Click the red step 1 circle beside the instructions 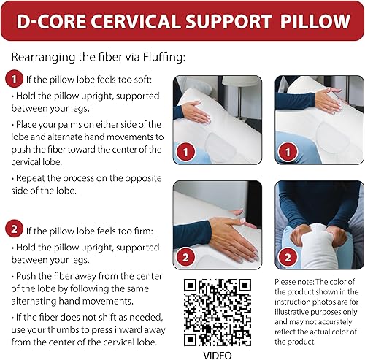coord(12,78)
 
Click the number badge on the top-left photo coord(187,153)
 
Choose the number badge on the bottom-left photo coord(187,257)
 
